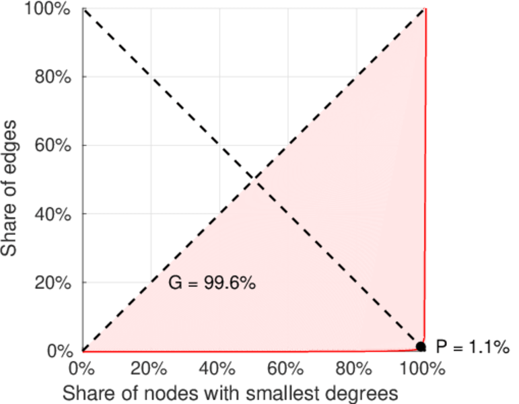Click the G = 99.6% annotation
[211, 283]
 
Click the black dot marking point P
[421, 347]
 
